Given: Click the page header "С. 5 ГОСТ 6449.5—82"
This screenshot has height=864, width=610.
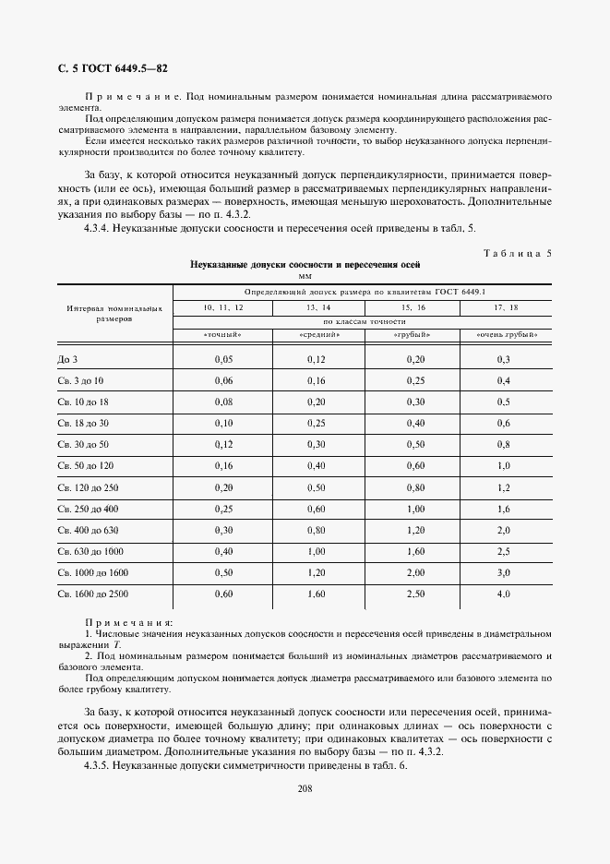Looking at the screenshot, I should [x=107, y=68].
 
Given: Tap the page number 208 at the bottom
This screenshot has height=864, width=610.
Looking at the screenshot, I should [x=305, y=788].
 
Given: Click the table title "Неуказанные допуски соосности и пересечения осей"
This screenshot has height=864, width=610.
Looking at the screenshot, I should [x=305, y=264].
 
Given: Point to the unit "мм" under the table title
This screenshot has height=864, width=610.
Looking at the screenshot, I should [x=305, y=275].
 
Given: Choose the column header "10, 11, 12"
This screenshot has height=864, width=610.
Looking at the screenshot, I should [x=218, y=305].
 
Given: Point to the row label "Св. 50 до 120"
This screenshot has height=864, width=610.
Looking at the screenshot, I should [x=86, y=466].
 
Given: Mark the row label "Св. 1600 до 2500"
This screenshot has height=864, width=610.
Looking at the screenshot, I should [x=92, y=594].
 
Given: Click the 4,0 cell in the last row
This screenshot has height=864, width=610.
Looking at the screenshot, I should [x=504, y=594].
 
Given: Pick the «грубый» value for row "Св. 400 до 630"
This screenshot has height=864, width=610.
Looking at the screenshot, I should [x=415, y=530].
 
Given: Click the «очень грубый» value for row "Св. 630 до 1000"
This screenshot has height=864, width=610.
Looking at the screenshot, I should [x=504, y=551].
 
